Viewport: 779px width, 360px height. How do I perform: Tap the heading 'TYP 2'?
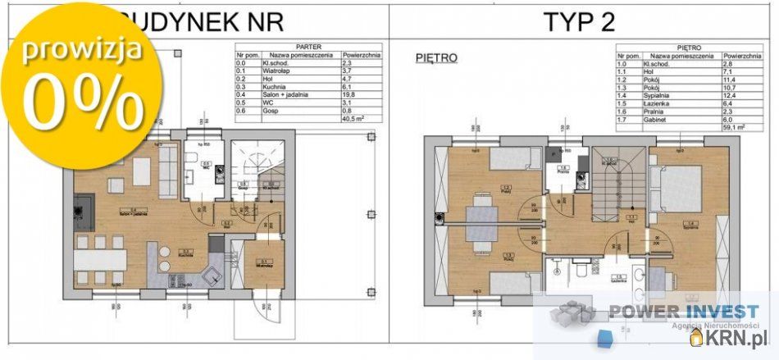coord(579,21)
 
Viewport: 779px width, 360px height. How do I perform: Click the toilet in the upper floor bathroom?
coord(580,268)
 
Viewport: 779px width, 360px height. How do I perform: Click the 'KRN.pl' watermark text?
coord(736,337)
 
